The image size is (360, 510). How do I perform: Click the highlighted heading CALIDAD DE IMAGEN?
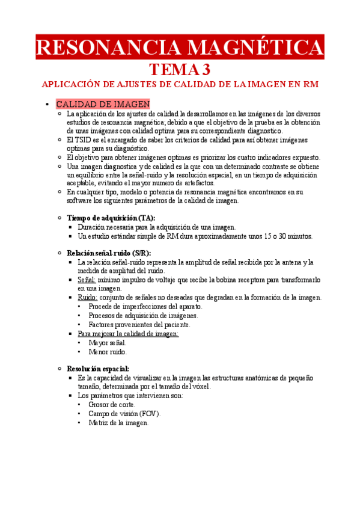(x=103, y=104)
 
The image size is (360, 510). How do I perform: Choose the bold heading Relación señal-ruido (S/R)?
(x=109, y=253)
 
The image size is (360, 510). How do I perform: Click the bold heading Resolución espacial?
(x=98, y=368)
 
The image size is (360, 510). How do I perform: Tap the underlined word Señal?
(x=87, y=280)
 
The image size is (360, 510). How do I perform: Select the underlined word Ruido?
(x=87, y=298)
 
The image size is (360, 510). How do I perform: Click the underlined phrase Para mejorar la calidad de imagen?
(x=128, y=333)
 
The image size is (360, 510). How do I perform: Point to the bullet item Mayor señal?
(x=107, y=343)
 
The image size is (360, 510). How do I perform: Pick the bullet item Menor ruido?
(x=107, y=352)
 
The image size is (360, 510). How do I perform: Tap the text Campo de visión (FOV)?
(x=124, y=414)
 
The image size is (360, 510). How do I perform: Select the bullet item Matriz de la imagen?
(x=118, y=423)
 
